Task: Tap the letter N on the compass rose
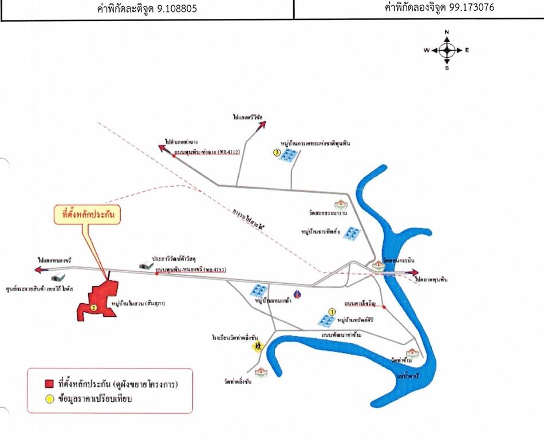(447, 32)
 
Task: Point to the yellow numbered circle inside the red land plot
(93, 307)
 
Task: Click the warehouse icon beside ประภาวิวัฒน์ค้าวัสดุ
(145, 265)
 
